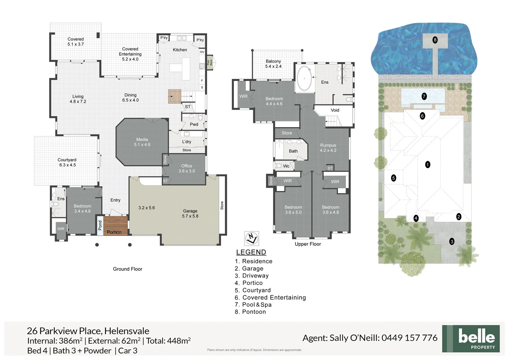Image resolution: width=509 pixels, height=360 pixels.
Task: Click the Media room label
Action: tap(142, 142)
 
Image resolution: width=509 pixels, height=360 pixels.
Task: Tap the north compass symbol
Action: tap(252, 238)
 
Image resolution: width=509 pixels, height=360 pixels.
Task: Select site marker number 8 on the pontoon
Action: tap(435, 40)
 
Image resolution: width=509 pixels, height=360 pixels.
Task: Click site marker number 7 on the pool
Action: tap(424, 96)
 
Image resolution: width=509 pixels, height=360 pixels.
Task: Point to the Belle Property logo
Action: tap(471, 339)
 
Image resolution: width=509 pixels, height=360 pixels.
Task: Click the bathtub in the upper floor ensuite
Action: tap(304, 79)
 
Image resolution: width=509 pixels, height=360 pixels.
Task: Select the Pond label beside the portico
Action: tap(100, 225)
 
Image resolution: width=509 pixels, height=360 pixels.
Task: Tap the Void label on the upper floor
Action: tap(335, 110)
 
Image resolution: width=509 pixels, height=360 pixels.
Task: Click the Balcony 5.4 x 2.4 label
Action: tap(273, 64)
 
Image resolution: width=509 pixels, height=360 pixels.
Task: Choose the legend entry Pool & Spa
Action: tap(256, 305)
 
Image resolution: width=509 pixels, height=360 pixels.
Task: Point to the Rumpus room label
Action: tap(328, 148)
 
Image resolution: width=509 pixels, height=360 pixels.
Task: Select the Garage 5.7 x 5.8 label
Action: tap(190, 213)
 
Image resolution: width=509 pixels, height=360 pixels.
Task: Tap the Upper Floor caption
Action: tap(308, 244)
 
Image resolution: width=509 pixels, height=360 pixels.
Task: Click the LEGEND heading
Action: tap(251, 252)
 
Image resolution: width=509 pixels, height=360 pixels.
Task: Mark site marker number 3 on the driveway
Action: tap(452, 242)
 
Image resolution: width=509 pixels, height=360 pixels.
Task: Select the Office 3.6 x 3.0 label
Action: tap(187, 168)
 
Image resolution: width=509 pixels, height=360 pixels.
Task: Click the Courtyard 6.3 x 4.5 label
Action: tap(67, 162)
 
